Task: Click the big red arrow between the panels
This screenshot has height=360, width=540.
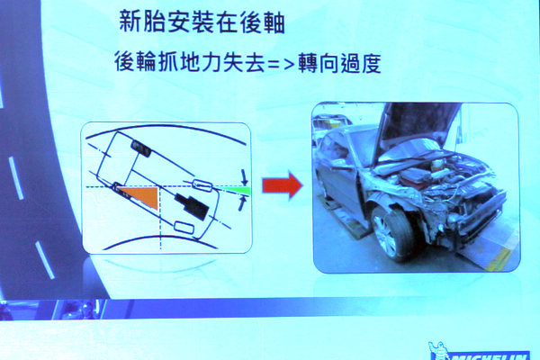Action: [282, 185]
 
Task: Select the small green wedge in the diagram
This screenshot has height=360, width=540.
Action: [238, 191]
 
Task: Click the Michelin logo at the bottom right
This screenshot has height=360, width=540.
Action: [479, 351]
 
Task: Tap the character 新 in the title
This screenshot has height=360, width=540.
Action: [130, 22]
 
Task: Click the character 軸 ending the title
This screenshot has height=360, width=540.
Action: [273, 22]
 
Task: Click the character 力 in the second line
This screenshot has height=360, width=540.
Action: [211, 62]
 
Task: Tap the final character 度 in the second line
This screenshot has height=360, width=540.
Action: [371, 63]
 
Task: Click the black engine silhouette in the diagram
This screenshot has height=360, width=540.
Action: [192, 206]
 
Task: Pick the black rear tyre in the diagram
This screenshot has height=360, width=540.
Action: [141, 148]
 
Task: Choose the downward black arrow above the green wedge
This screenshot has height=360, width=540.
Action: [244, 177]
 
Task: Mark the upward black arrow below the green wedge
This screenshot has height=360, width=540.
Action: [242, 202]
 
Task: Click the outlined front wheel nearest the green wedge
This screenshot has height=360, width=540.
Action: [202, 185]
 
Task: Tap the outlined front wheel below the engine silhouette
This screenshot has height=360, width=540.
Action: [184, 228]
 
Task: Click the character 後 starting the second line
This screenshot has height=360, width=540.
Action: [125, 62]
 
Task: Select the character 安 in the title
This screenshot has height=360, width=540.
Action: [178, 22]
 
